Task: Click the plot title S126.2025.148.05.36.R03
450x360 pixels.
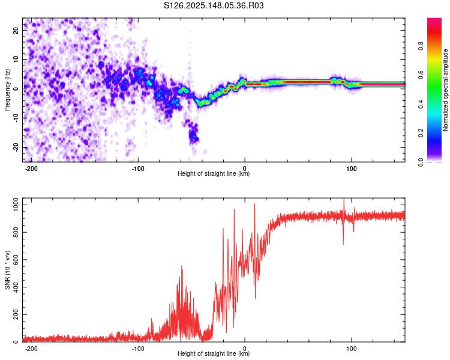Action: (x=214, y=5)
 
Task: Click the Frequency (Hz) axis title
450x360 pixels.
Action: (x=7, y=90)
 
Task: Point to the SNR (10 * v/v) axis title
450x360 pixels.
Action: (x=7, y=270)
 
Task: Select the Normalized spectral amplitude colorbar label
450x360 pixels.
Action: (x=445, y=90)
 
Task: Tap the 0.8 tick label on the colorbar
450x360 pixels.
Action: (x=421, y=46)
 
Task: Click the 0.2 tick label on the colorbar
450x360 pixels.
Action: (x=421, y=133)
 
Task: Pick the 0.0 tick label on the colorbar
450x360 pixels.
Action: (x=421, y=162)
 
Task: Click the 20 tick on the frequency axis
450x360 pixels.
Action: (x=16, y=31)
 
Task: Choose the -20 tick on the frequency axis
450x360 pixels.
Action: (x=16, y=147)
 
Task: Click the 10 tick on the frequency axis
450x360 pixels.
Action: (x=16, y=60)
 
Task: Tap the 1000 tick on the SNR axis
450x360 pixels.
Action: (x=16, y=205)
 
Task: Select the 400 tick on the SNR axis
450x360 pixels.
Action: (x=16, y=287)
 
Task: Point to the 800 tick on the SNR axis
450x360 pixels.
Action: (x=16, y=233)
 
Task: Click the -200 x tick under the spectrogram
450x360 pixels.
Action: (x=31, y=169)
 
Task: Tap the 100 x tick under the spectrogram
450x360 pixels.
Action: (x=351, y=169)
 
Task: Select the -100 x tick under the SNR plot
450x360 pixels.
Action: (x=138, y=349)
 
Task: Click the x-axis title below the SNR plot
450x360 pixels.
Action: (x=214, y=353)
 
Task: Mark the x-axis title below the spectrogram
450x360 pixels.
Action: (x=214, y=173)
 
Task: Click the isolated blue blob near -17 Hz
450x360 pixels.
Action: (x=194, y=136)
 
